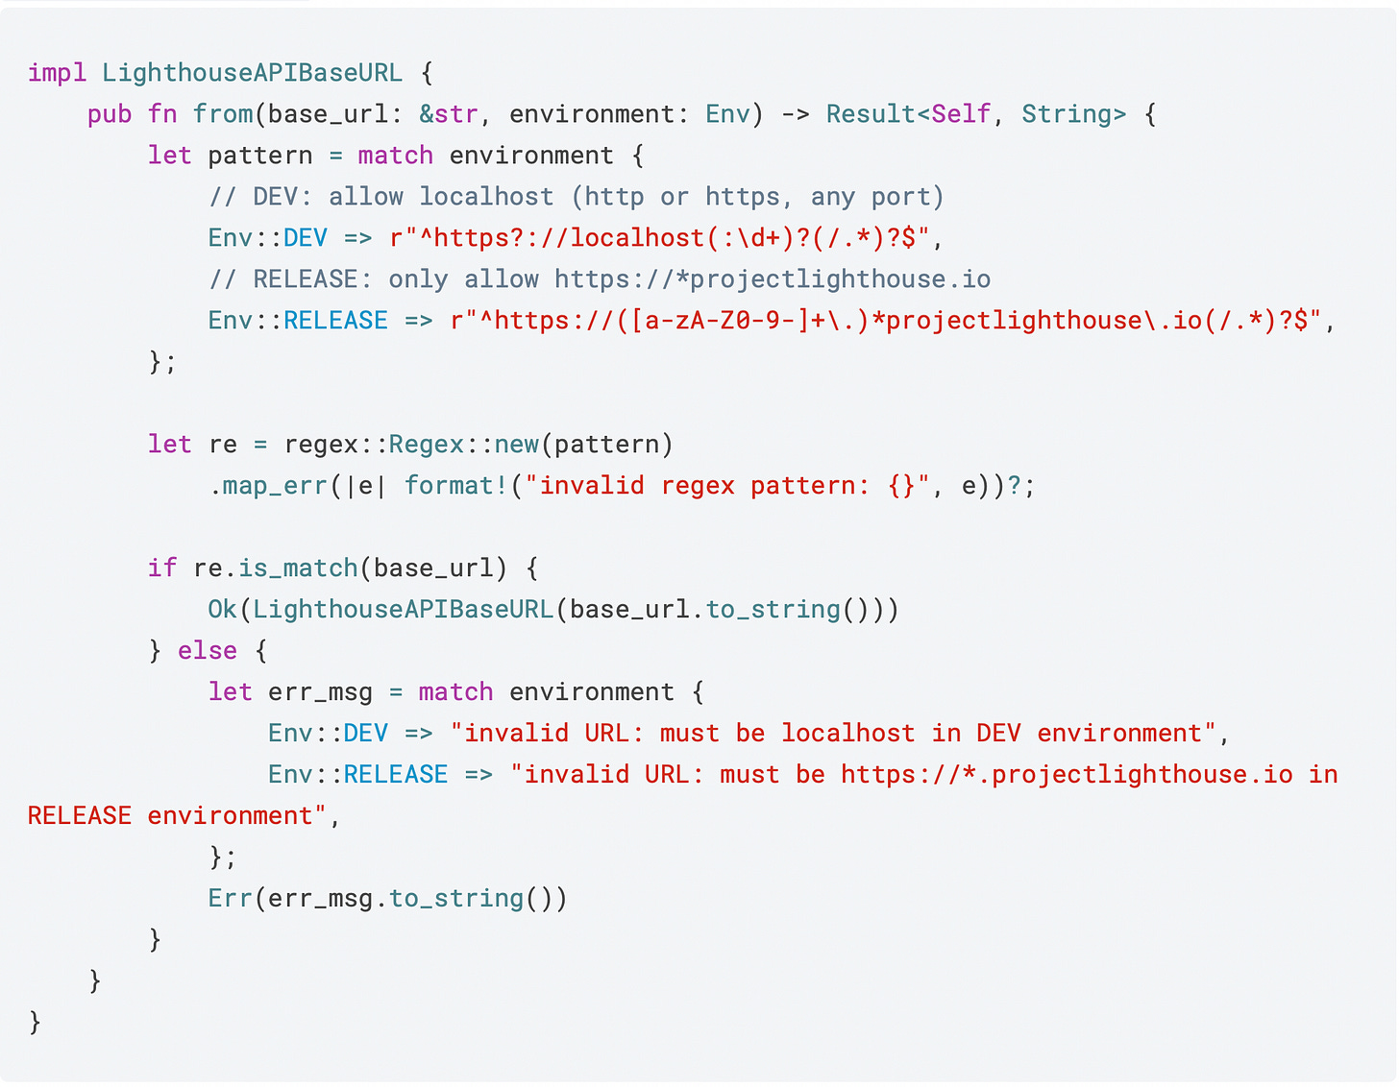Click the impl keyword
click(x=57, y=73)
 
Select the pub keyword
click(x=110, y=114)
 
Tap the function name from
click(x=222, y=114)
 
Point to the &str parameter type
click(x=449, y=114)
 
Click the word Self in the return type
click(x=961, y=114)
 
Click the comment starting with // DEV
click(x=577, y=197)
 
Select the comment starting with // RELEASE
click(x=600, y=279)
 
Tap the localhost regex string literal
click(x=659, y=238)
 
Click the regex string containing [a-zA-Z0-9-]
click(x=885, y=321)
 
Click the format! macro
click(x=455, y=486)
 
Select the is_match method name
click(x=298, y=568)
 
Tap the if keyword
click(x=162, y=568)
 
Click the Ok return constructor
click(x=223, y=610)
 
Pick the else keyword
click(x=208, y=651)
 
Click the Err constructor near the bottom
click(x=230, y=899)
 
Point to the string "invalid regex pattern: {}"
click(x=727, y=486)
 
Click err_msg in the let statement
click(x=320, y=692)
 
